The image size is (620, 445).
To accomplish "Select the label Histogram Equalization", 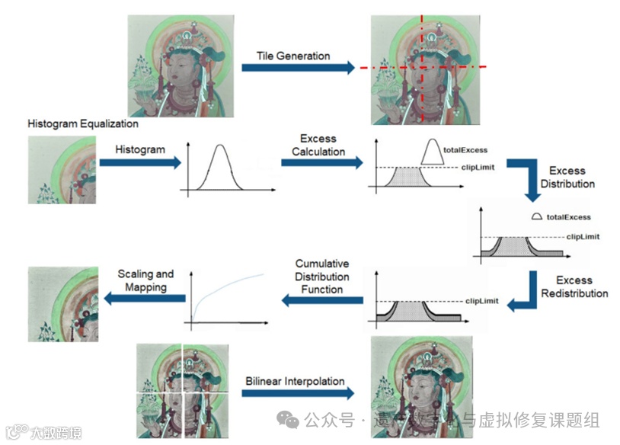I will click(x=83, y=123).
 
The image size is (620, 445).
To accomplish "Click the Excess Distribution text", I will click(x=567, y=177).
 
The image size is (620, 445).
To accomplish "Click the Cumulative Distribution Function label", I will click(x=322, y=276).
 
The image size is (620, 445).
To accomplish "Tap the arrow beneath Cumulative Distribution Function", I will click(x=322, y=301).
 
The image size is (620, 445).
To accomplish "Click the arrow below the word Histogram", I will click(x=140, y=162).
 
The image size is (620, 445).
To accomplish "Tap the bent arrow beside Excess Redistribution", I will click(x=526, y=293).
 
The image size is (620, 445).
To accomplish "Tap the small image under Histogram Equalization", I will click(x=62, y=168).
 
